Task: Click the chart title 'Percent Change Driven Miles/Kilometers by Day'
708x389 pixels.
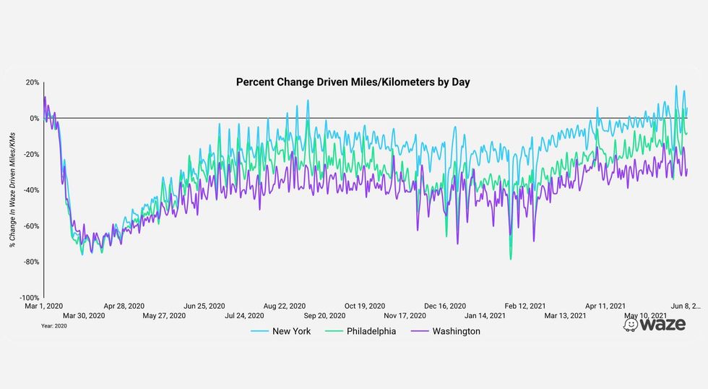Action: point(353,82)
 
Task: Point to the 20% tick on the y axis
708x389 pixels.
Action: point(32,82)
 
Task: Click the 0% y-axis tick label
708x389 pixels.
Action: point(33,118)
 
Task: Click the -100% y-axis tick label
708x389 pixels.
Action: point(29,297)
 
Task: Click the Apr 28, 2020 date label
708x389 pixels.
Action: point(124,306)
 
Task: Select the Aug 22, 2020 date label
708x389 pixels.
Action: point(285,306)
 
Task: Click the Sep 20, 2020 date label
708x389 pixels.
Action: point(325,316)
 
